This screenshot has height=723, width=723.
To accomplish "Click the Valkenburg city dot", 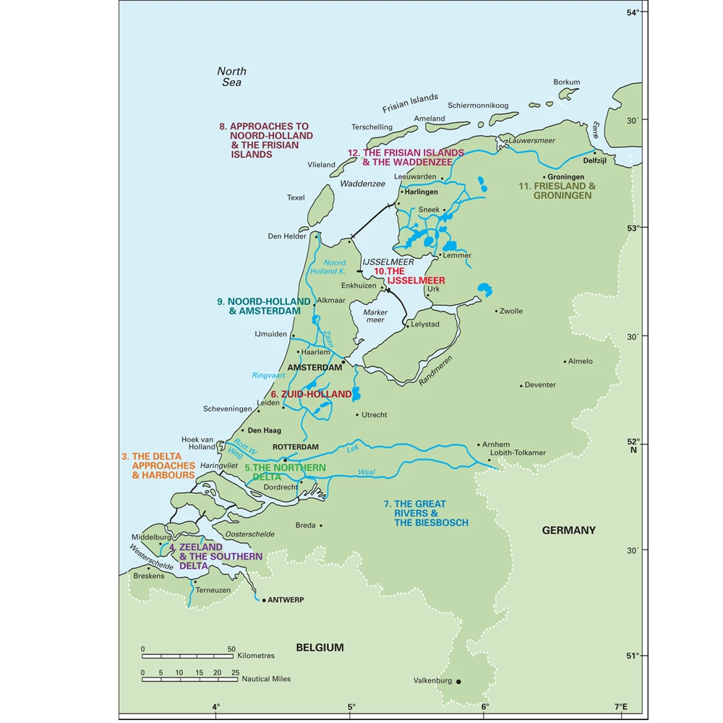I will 458,681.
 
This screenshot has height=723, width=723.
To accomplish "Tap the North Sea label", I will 231,77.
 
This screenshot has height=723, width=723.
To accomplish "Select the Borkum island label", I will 566,82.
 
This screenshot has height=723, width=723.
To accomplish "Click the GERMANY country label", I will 569,530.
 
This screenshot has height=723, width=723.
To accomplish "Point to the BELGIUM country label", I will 320,647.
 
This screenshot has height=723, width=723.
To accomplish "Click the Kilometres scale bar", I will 187,656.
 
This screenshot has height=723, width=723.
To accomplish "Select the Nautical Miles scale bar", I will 187,679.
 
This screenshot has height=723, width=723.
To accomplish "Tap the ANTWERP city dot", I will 264,600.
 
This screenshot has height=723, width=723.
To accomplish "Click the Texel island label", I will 296,197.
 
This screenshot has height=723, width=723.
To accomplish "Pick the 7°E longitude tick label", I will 620,706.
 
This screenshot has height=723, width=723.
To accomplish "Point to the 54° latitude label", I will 633,12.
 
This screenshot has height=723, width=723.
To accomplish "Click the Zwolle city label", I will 510,311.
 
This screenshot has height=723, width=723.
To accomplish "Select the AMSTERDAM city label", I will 314,367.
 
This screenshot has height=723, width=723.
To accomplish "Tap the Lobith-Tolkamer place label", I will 518,453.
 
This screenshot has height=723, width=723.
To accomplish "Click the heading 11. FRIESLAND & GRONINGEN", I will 557,191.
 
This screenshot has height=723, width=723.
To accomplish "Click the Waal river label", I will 367,472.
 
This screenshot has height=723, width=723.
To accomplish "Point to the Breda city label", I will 305,525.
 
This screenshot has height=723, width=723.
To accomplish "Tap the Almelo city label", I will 580,361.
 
